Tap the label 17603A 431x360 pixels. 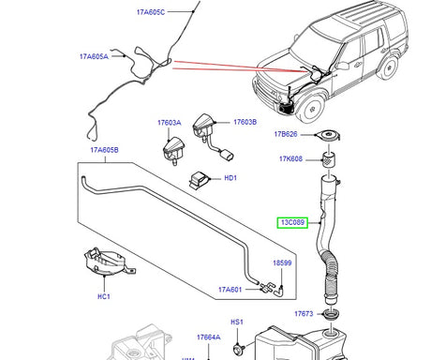170,122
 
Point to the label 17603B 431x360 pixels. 245,122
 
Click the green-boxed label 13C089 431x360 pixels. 290,222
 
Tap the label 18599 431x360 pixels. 282,264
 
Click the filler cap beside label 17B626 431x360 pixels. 328,138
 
